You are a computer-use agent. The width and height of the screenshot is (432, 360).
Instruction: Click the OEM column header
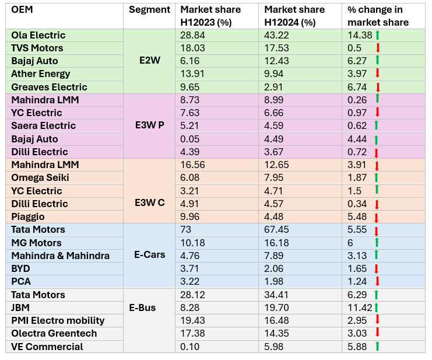point(22,10)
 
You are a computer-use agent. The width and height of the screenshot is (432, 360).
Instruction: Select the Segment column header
point(149,10)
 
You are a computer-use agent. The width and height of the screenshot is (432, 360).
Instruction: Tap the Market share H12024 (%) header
point(290,16)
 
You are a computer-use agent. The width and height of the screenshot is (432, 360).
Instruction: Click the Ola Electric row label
point(38,36)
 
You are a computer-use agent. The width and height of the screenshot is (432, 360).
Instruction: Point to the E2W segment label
point(149,61)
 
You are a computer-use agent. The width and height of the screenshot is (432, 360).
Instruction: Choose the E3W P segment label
point(149,126)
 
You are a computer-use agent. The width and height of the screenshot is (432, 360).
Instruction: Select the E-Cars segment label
point(149,255)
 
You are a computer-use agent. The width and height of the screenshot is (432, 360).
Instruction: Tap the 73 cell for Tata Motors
point(187,230)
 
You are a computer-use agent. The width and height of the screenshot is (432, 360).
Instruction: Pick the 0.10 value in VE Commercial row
point(190,347)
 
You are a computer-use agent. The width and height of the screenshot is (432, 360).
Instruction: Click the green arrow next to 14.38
point(378,35)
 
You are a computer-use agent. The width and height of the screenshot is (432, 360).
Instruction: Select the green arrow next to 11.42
point(377,307)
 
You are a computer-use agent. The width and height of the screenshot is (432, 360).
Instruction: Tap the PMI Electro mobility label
point(58,320)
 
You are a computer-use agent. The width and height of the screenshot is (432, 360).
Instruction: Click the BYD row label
point(20,268)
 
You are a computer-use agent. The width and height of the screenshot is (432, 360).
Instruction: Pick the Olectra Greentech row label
point(54,333)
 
